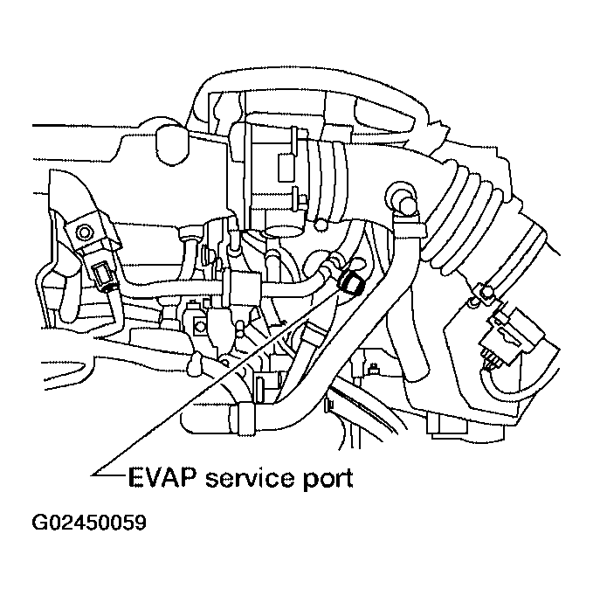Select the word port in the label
[327, 480]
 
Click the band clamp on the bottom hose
[248, 412]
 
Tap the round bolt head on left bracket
[86, 232]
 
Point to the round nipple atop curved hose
[403, 194]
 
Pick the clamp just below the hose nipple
[410, 228]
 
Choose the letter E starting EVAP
[134, 479]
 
